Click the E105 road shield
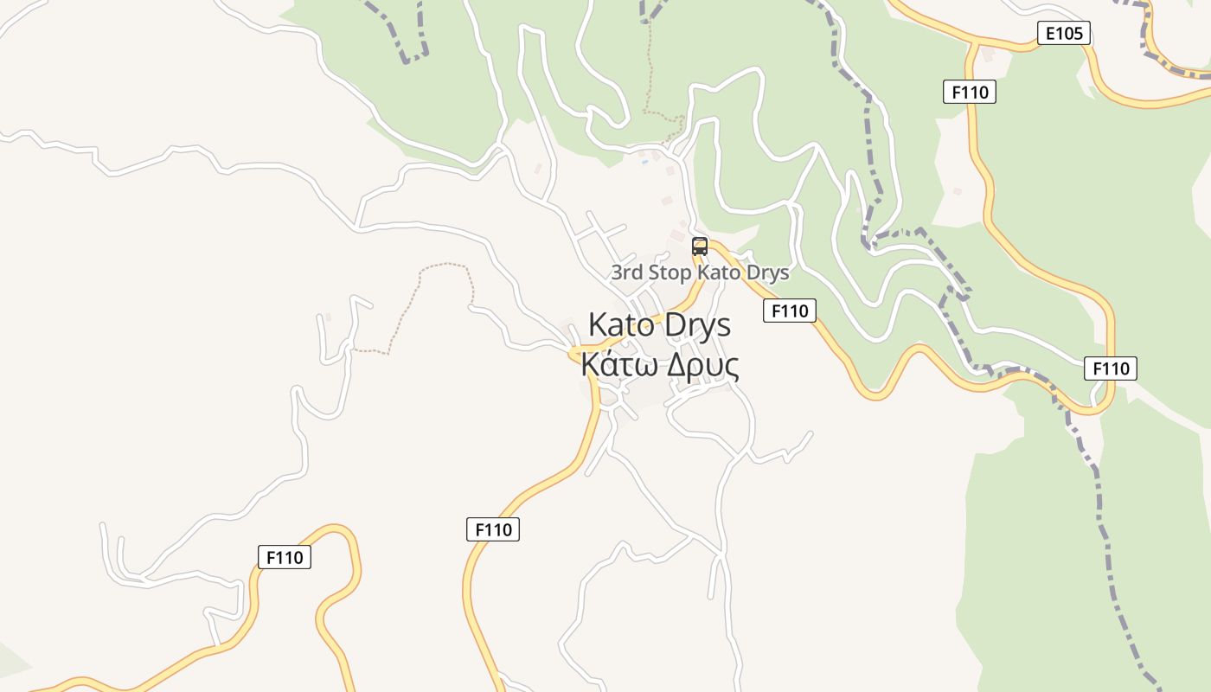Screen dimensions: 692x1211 click(x=1063, y=34)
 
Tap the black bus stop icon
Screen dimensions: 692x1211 click(x=700, y=247)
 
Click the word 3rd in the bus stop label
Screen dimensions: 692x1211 click(x=627, y=272)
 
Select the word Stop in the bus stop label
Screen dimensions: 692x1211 click(x=670, y=272)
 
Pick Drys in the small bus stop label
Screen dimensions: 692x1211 click(x=767, y=272)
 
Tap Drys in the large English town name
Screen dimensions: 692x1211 click(x=698, y=325)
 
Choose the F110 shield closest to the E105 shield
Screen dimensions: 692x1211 click(x=969, y=91)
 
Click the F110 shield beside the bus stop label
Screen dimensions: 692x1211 click(x=789, y=311)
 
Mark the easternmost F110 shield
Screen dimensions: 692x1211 click(x=1110, y=368)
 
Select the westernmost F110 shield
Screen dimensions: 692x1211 click(x=285, y=557)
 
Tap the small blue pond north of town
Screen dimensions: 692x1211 click(x=644, y=161)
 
